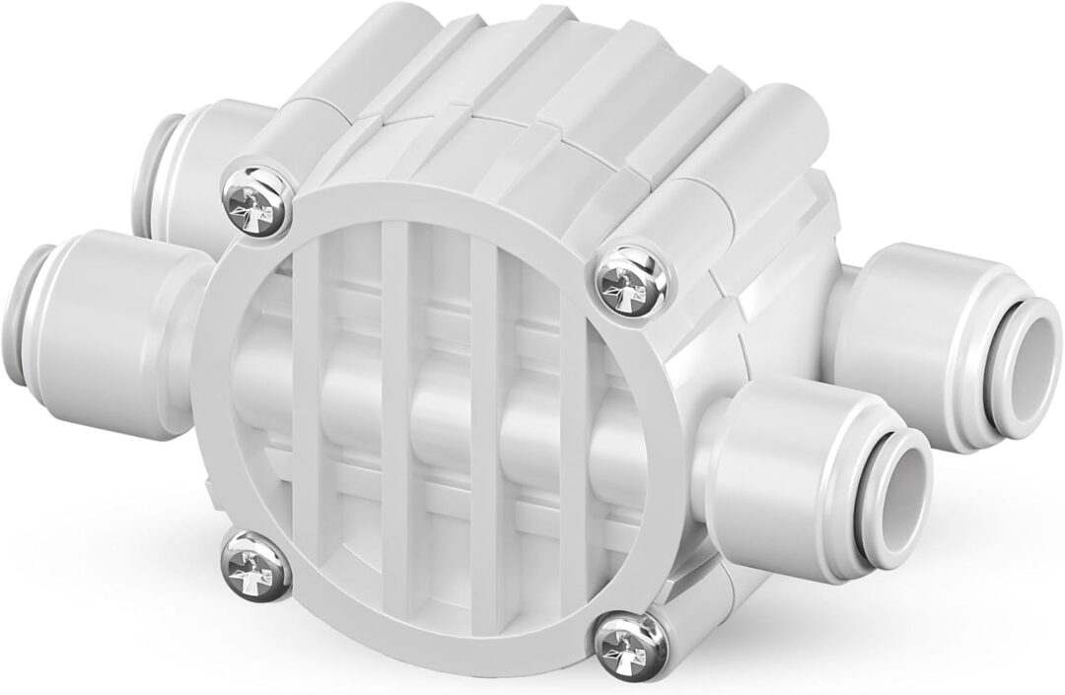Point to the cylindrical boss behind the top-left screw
click(x=316, y=99)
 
